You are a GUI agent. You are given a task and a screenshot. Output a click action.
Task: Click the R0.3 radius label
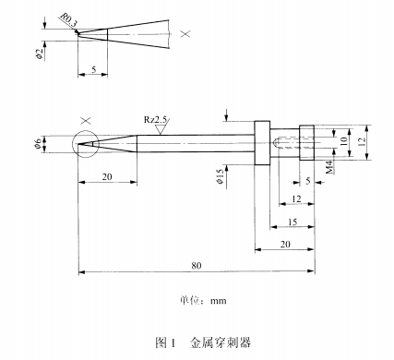tap(69, 20)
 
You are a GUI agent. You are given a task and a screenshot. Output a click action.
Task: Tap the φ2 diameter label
tap(39, 54)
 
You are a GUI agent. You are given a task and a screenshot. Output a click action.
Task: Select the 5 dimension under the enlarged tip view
tap(93, 69)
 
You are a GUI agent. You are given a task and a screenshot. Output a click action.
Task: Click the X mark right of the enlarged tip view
tap(185, 33)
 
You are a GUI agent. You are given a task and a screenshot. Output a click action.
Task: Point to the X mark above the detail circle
tap(86, 120)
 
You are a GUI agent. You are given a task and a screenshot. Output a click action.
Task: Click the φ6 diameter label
tap(38, 144)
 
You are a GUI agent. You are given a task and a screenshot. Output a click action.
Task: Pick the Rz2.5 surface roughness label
tap(156, 119)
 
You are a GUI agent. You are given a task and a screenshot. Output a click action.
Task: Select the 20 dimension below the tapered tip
tap(107, 176)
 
